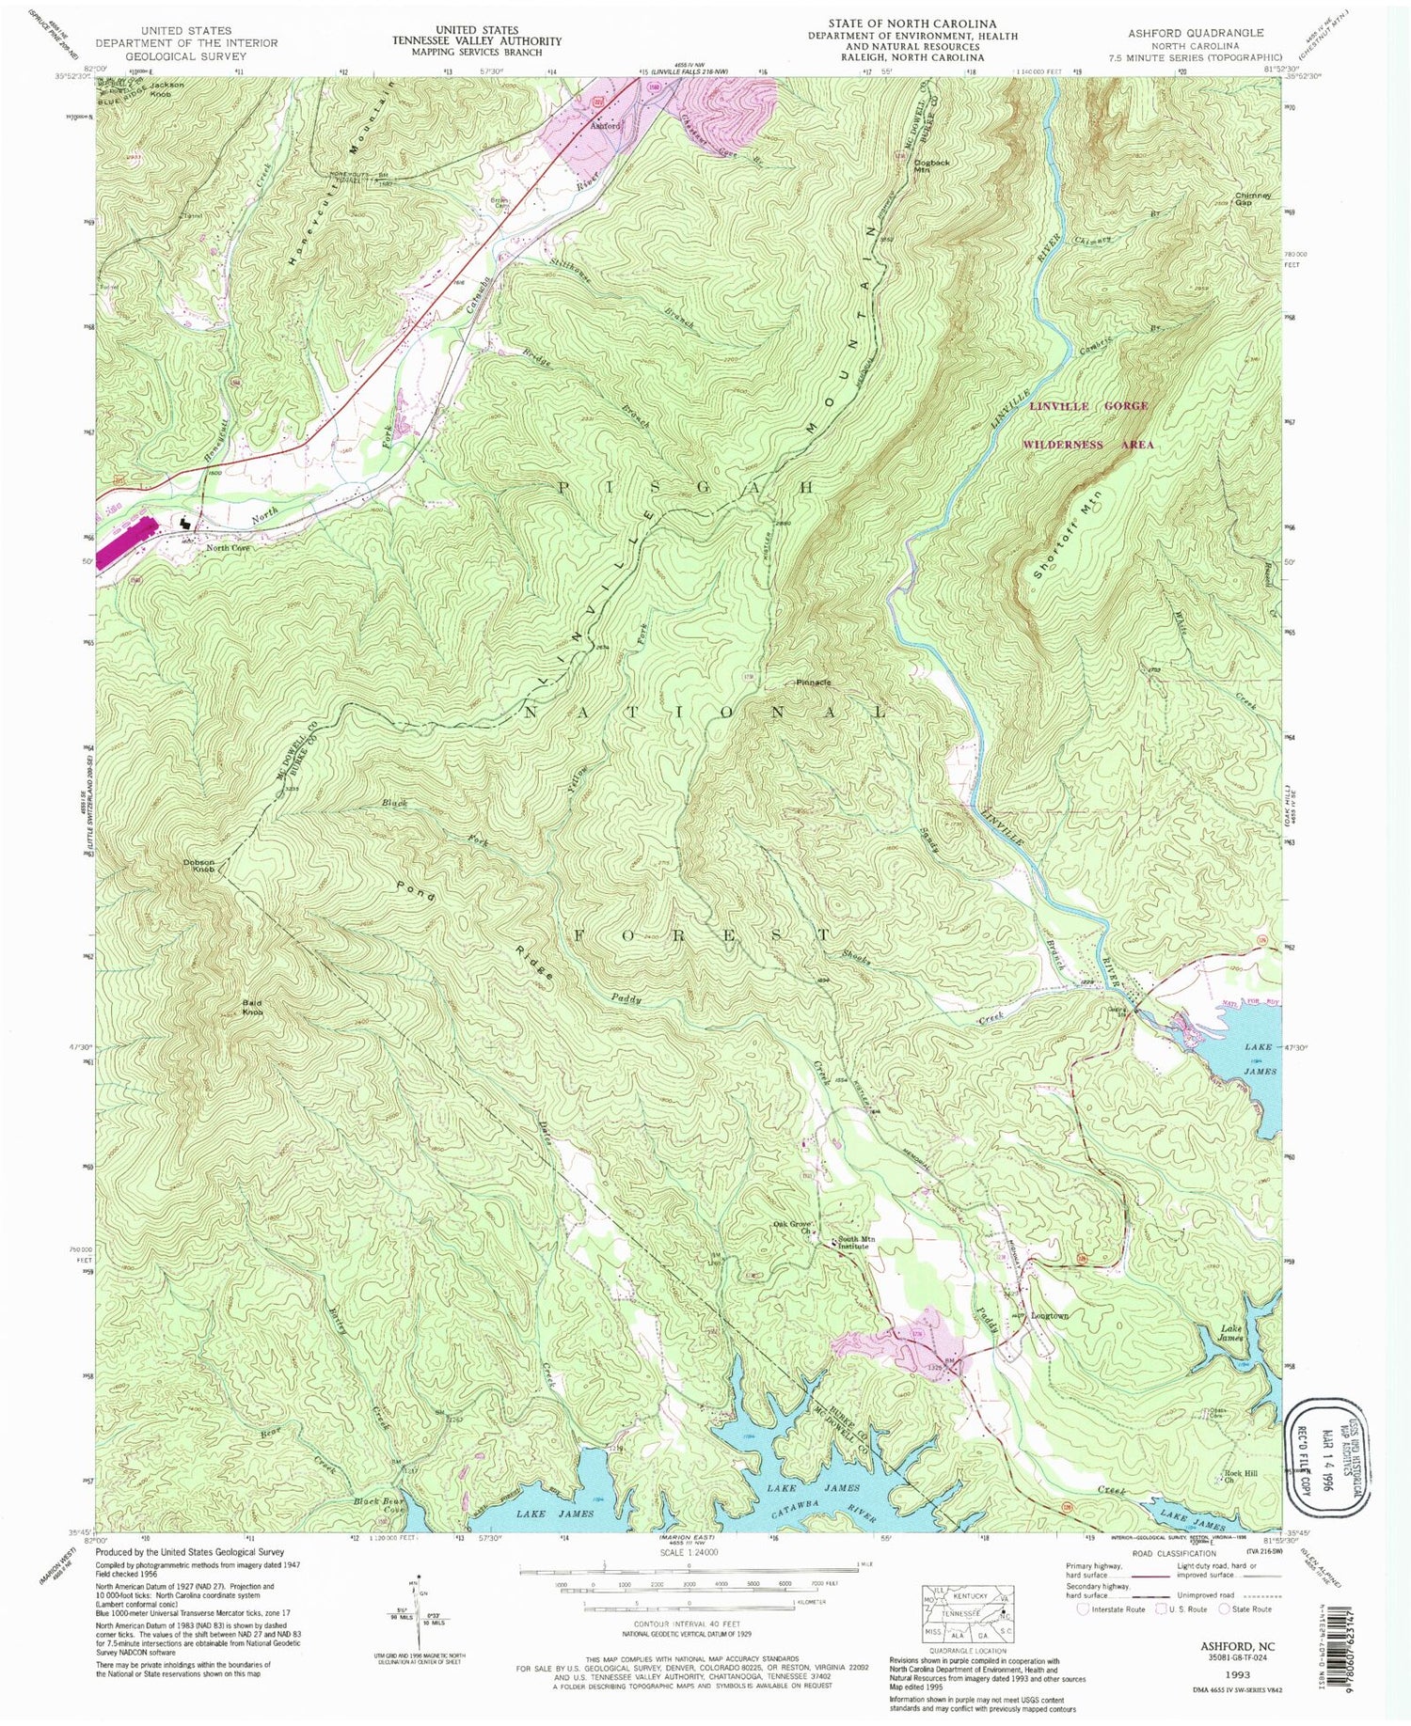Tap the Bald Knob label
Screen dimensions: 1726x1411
tap(251, 1008)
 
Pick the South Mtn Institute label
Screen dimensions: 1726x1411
tap(857, 1243)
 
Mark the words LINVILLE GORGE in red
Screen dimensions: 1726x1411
tap(1088, 406)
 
